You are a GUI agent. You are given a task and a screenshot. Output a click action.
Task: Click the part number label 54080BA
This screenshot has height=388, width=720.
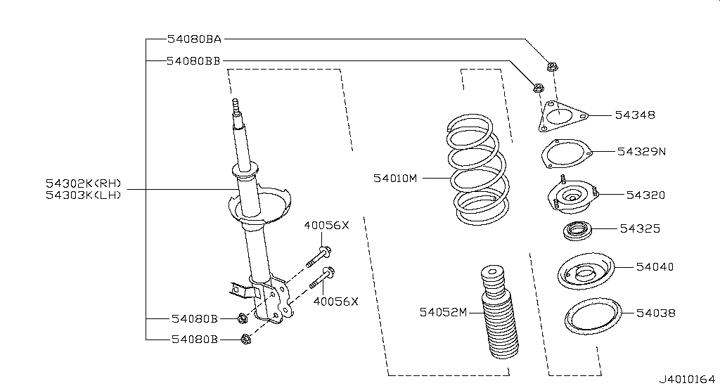point(194,39)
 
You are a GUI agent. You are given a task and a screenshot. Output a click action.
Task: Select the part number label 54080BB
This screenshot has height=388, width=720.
point(193,60)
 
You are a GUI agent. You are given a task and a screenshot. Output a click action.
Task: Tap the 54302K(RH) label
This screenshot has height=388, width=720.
point(84,183)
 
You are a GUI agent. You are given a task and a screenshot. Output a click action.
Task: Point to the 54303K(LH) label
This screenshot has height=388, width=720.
point(84,195)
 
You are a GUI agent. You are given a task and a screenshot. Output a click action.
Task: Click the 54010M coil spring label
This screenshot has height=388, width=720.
point(395,178)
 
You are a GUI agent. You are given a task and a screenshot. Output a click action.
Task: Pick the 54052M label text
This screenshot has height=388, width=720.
point(443,312)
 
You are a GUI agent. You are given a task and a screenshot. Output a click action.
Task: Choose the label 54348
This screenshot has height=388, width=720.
point(635,115)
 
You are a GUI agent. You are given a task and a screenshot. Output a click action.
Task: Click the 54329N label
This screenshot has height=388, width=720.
point(641,152)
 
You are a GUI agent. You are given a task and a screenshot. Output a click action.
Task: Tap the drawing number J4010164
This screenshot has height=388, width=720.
point(688,380)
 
